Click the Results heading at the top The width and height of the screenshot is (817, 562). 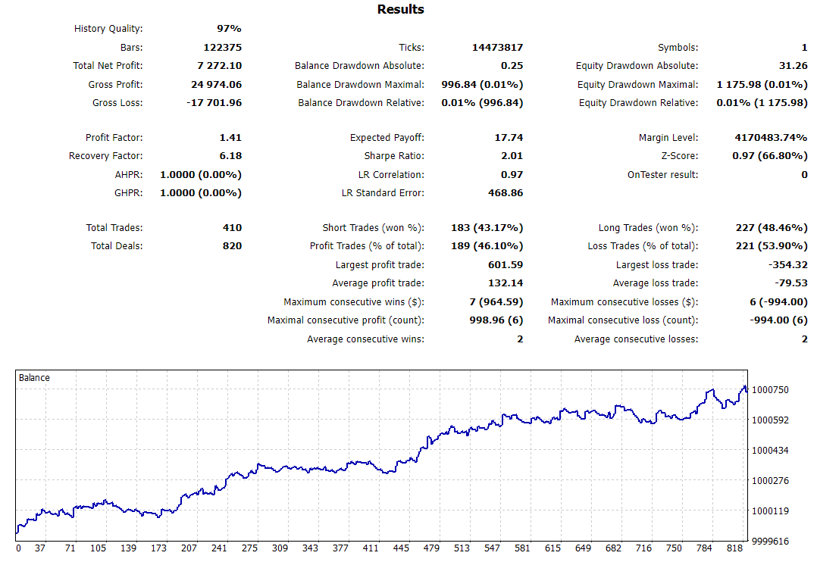point(400,10)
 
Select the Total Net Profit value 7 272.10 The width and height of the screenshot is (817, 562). point(219,66)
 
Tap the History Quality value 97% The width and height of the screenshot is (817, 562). point(229,29)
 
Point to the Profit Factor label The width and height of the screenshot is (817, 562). point(114,138)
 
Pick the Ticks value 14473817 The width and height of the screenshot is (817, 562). point(495,48)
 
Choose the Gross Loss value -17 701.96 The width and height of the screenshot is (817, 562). point(214,103)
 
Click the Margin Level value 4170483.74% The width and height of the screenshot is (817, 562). point(761,138)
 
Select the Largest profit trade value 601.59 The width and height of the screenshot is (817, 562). point(506,265)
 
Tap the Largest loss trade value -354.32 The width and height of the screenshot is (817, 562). point(787,265)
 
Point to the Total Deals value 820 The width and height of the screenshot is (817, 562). point(232,246)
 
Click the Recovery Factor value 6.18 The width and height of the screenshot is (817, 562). point(230,156)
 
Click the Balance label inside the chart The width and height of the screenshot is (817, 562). point(34,377)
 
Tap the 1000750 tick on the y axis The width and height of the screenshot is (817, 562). point(769,390)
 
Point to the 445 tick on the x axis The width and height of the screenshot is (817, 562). point(402,548)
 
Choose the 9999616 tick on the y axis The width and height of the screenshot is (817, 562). point(769,542)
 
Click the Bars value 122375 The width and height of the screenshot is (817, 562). point(223,48)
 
